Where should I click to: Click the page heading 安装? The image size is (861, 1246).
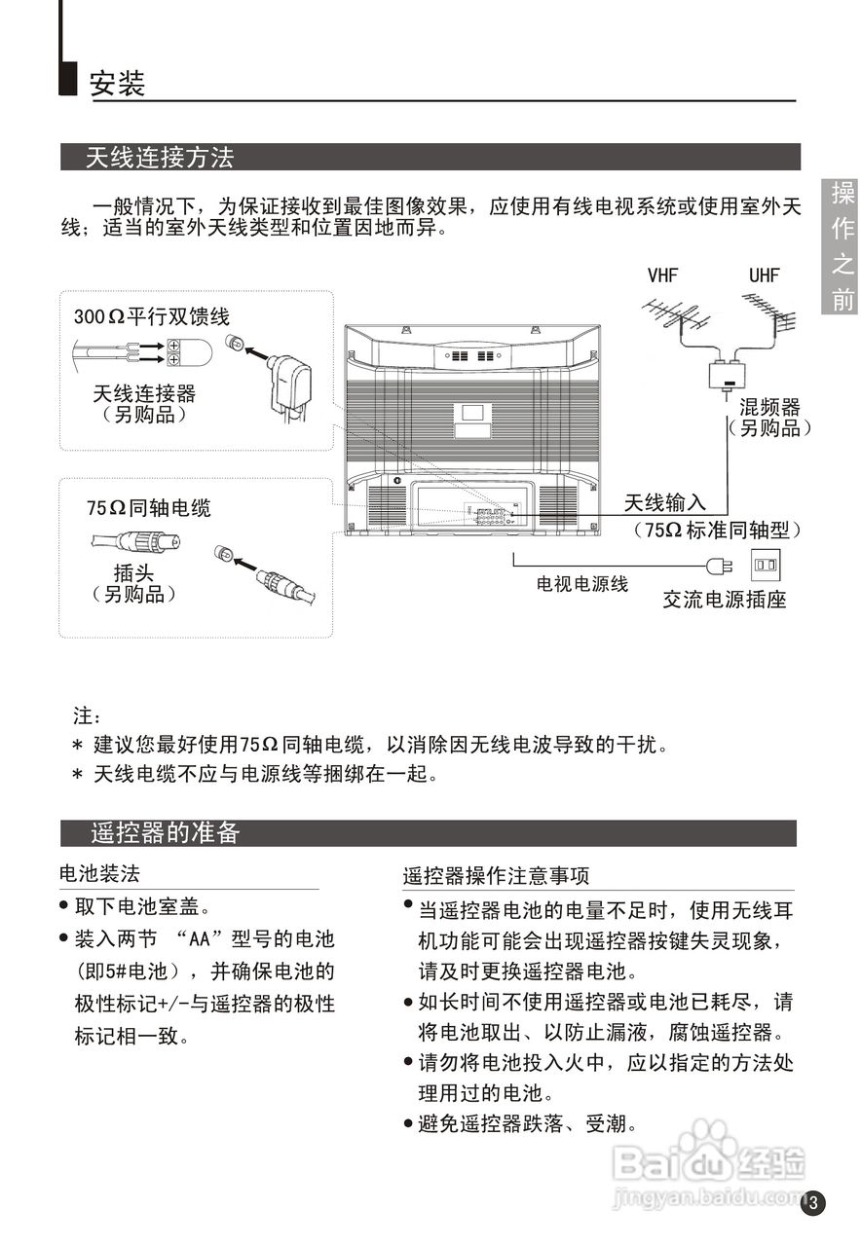[x=117, y=83]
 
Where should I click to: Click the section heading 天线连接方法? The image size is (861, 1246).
[x=160, y=157]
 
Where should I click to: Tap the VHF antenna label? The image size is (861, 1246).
[x=662, y=275]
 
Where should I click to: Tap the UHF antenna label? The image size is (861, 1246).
[x=765, y=275]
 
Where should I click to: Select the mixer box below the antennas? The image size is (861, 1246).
[x=728, y=373]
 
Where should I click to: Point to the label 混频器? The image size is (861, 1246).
[x=769, y=407]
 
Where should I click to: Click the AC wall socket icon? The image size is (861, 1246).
[x=765, y=564]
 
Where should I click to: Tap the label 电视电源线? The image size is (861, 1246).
[x=582, y=584]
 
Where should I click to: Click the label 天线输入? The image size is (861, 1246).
[x=665, y=503]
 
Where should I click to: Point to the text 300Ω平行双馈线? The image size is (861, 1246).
[x=152, y=316]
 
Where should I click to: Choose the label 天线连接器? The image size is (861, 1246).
[x=144, y=393]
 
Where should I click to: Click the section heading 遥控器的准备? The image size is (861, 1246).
[x=165, y=833]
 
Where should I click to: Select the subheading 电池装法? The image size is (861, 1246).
[x=100, y=873]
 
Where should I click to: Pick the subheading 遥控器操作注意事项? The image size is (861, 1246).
[x=496, y=876]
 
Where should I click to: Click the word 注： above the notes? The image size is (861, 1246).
[x=87, y=717]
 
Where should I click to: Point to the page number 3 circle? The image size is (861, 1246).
[x=814, y=1203]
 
